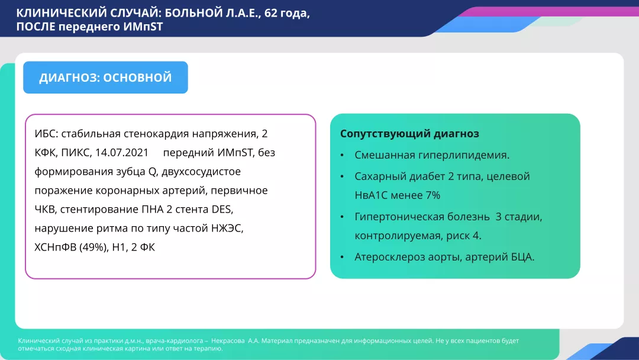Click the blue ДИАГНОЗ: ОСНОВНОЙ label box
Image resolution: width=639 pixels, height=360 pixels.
(105, 78)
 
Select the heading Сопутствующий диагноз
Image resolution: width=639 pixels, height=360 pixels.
(409, 134)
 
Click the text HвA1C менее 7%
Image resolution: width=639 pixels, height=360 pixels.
(397, 195)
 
